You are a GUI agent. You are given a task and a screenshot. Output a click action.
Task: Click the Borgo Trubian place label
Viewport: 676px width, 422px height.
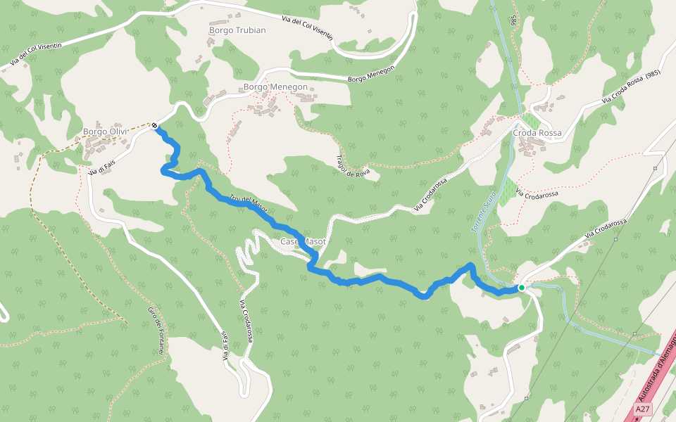tap(237, 30)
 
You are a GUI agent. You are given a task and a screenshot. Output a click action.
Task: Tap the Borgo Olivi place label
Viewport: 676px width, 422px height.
tap(105, 132)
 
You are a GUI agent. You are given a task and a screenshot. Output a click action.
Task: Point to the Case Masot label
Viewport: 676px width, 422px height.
tap(303, 242)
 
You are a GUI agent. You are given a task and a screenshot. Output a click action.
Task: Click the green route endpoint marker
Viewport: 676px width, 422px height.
tap(521, 288)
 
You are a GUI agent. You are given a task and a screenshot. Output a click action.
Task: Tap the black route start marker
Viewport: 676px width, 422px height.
tap(154, 126)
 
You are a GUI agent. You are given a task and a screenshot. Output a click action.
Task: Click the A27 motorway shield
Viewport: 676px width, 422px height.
tap(642, 409)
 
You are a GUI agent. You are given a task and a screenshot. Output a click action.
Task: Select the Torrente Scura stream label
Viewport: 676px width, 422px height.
tap(485, 212)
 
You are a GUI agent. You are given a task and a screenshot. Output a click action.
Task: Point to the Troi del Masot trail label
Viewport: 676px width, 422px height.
tap(248, 204)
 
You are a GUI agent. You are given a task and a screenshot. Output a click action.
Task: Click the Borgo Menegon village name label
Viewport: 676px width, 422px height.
tap(275, 87)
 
